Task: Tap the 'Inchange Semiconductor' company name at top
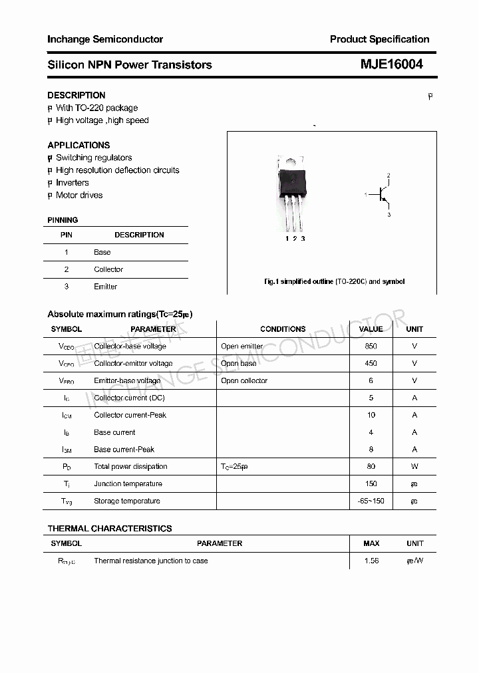(x=105, y=39)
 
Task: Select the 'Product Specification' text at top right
(x=379, y=39)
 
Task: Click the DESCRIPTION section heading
(x=76, y=95)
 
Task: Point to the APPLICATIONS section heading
(x=79, y=145)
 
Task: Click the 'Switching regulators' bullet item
(x=94, y=158)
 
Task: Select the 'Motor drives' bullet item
(x=79, y=195)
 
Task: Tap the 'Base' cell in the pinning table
(x=102, y=252)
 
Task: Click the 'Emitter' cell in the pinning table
(x=105, y=287)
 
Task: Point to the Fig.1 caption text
(x=334, y=281)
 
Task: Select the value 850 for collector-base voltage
(x=371, y=346)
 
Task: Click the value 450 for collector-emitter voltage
(x=371, y=363)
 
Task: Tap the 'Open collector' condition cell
(x=244, y=380)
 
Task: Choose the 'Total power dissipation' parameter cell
(x=130, y=466)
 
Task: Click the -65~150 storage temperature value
(x=371, y=501)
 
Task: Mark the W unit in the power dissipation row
(x=414, y=466)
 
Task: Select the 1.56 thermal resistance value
(x=371, y=561)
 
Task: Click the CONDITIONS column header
(x=283, y=329)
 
